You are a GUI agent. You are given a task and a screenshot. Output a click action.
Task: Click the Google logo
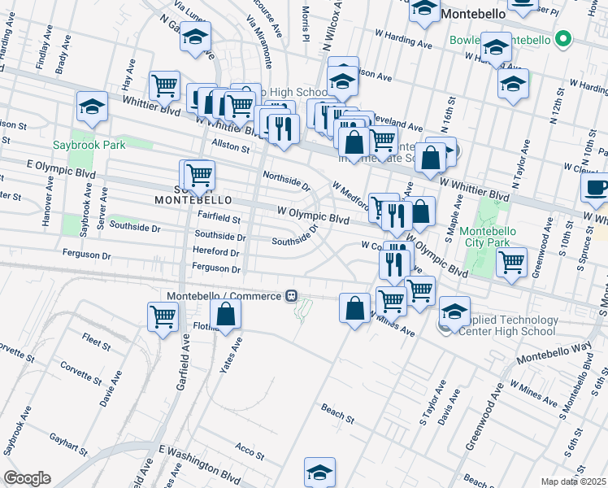pyautogui.click(x=27, y=478)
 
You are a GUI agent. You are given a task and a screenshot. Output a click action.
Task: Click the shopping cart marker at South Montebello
pyautogui.click(x=198, y=174)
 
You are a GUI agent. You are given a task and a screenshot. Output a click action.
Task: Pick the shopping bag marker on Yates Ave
pyautogui.click(x=226, y=315)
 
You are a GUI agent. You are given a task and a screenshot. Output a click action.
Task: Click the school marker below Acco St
pyautogui.click(x=320, y=472)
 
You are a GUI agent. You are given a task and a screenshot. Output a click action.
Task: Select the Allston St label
pyautogui.click(x=230, y=146)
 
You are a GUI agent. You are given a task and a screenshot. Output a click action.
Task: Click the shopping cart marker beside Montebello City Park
pyautogui.click(x=511, y=263)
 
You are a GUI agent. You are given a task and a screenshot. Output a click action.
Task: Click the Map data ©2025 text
pyautogui.click(x=572, y=481)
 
